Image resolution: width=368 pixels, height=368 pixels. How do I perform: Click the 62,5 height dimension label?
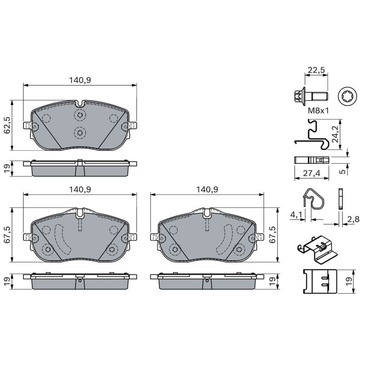coord(7,125)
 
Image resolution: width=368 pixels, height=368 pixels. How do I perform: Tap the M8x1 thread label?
coord(318,110)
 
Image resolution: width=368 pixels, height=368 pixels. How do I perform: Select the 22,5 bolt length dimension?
coord(316,70)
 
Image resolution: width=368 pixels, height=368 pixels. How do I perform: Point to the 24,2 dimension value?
coord(336,134)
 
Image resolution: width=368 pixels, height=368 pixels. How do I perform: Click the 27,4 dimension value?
coord(311,173)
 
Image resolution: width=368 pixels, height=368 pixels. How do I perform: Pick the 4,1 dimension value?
coord(296,215)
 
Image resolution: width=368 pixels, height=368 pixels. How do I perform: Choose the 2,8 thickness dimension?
coord(353,219)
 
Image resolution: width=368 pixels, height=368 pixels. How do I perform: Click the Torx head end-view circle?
coord(347,97)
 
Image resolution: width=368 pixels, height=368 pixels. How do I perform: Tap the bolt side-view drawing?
coord(310,96)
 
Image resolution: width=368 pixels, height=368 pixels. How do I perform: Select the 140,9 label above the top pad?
coord(80,80)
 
